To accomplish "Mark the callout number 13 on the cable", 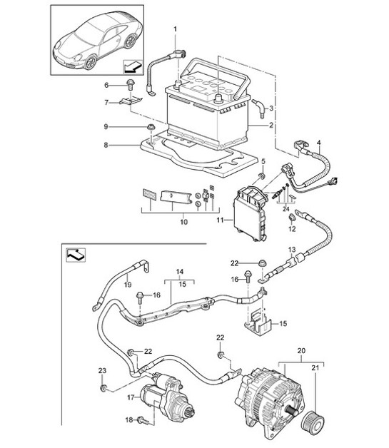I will pyautogui.click(x=291, y=250).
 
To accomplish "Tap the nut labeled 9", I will pyautogui.click(x=151, y=128).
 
